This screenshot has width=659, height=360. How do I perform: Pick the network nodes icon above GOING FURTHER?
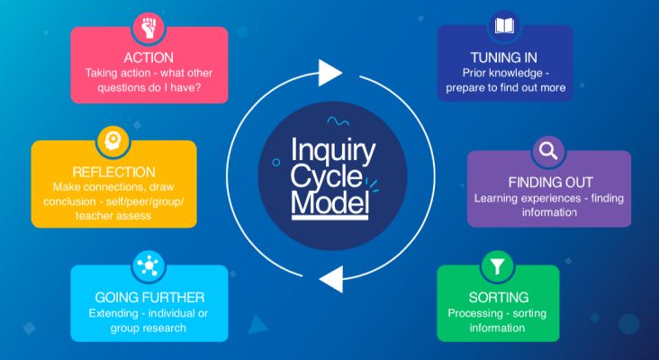coord(148,266)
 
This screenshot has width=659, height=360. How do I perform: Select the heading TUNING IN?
coord(504,56)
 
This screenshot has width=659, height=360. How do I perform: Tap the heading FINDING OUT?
coord(548,181)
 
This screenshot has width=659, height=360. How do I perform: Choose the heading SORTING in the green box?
coord(498,296)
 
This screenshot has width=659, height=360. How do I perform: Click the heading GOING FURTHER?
coord(149,296)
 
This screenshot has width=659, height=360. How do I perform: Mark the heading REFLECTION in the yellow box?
coord(114,172)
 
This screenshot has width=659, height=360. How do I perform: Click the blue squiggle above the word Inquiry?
coord(338,120)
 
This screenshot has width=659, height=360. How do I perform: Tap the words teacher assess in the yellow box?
coord(113,215)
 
